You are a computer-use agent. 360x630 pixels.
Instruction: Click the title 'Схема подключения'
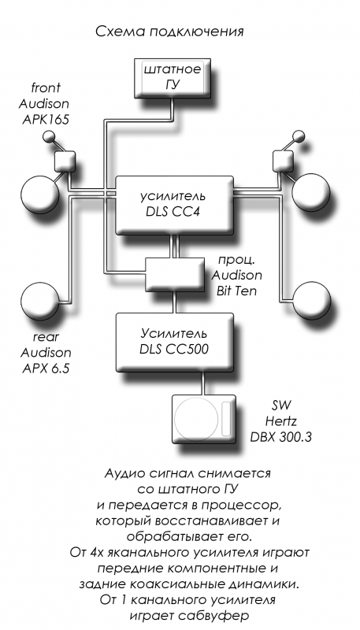click(x=169, y=32)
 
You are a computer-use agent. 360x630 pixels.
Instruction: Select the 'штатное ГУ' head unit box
click(x=173, y=79)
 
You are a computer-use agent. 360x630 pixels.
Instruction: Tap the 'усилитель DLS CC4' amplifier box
click(x=174, y=205)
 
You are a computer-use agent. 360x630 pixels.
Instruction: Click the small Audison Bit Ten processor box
click(x=175, y=274)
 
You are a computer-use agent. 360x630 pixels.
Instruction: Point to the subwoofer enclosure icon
click(x=203, y=419)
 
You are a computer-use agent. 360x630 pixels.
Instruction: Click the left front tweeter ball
click(x=49, y=136)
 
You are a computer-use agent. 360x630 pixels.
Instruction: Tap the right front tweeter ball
click(x=299, y=136)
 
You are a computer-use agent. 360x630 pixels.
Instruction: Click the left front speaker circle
click(x=39, y=192)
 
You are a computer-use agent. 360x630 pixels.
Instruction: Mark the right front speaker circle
click(x=310, y=192)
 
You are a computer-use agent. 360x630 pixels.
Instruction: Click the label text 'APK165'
click(x=46, y=120)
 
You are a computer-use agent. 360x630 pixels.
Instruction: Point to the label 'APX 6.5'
click(x=45, y=368)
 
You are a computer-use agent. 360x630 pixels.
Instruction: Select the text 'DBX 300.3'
click(x=281, y=437)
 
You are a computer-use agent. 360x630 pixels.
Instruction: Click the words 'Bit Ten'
click(x=236, y=291)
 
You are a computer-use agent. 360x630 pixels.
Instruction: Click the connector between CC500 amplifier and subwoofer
click(x=205, y=383)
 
